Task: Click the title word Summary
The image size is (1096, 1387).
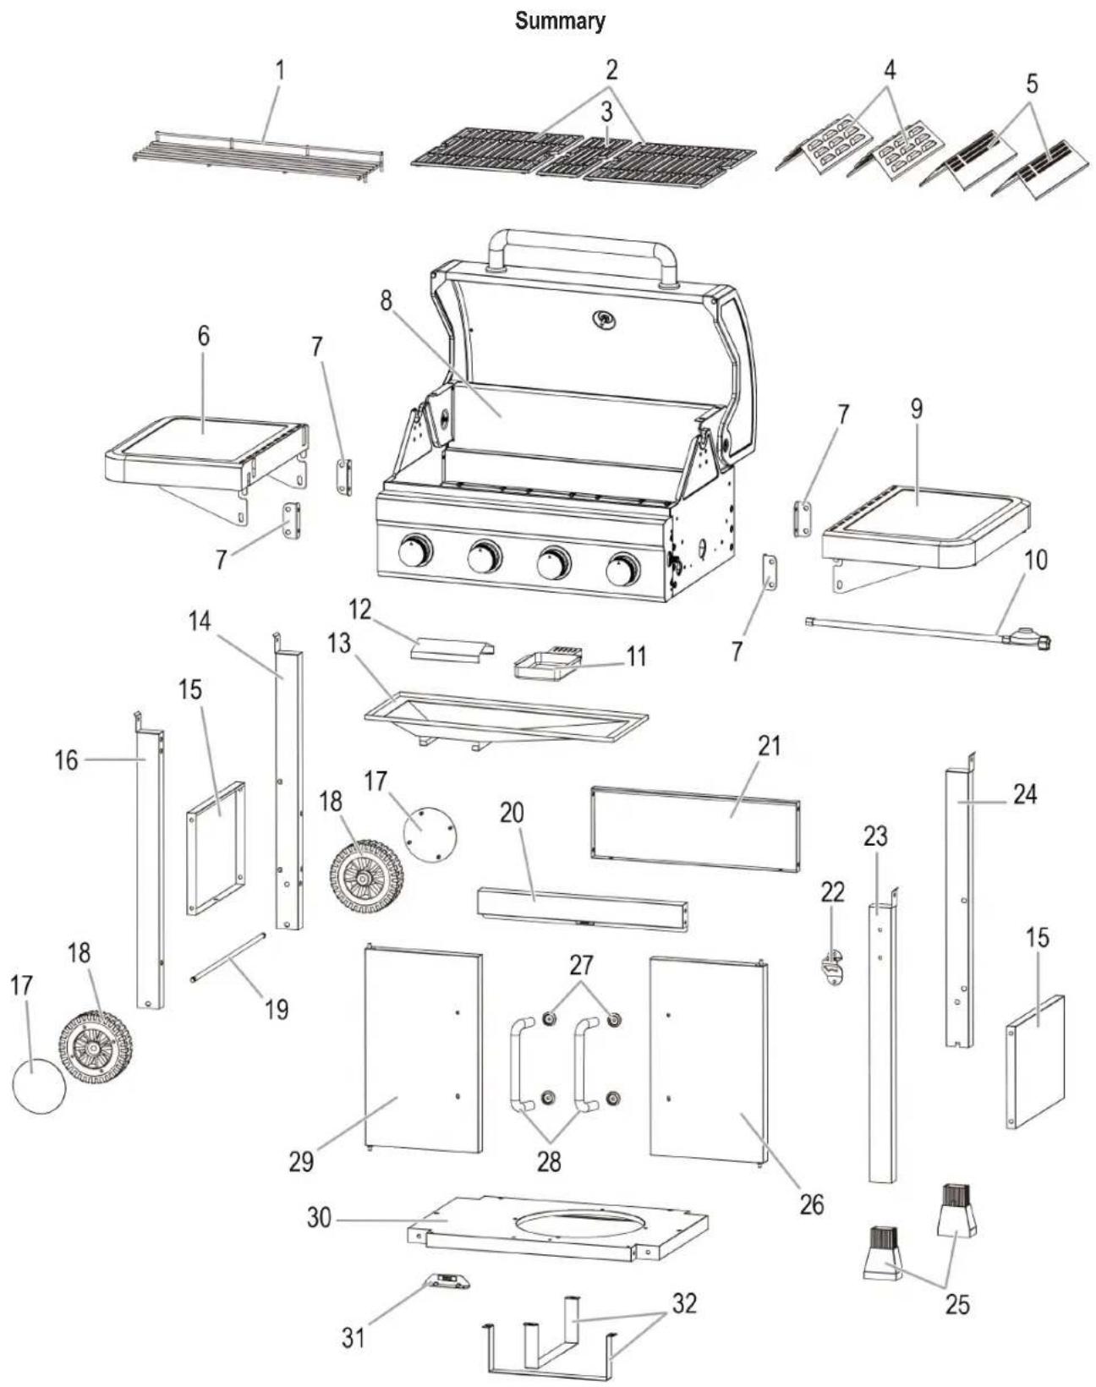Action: tap(560, 21)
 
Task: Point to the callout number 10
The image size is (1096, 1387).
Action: tap(1035, 560)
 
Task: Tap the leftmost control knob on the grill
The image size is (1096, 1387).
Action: tap(416, 552)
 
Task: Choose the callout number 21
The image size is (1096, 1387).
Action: tap(769, 746)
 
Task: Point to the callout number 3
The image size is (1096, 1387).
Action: tap(606, 112)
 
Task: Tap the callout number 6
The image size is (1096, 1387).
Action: tap(203, 336)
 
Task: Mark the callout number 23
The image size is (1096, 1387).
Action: tap(875, 836)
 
